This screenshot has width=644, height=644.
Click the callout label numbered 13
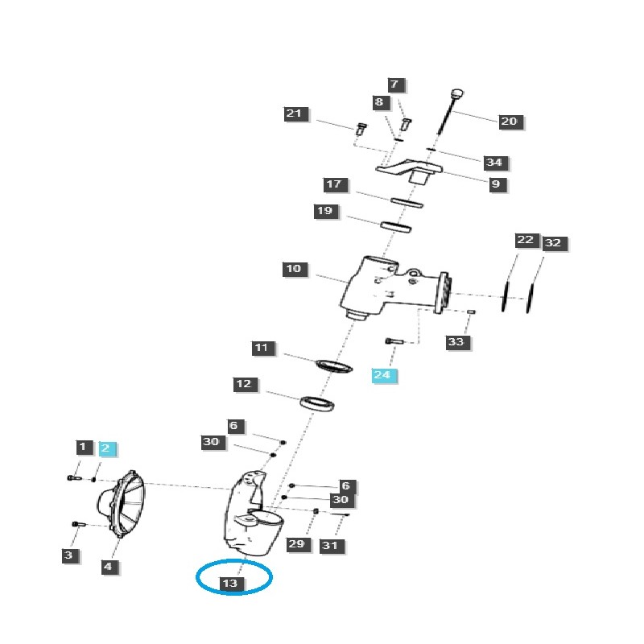232,583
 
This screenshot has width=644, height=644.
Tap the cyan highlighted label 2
107,448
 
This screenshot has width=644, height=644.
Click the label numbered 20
509,122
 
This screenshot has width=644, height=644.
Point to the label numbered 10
294,268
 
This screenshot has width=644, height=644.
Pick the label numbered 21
295,114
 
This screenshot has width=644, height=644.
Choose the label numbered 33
456,342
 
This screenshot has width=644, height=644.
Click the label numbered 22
526,241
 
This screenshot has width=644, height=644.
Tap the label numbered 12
243,384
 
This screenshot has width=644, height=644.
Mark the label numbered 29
296,544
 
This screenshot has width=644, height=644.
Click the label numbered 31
329,545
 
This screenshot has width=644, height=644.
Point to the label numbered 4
107,567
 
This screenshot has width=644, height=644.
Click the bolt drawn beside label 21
360,128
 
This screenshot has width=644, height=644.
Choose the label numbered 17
334,184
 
